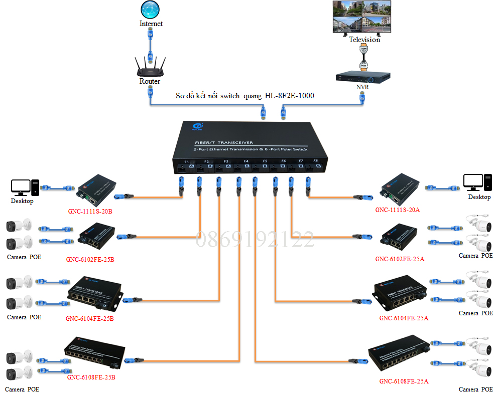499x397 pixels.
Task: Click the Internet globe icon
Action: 151,10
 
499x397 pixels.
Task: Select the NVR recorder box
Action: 362,77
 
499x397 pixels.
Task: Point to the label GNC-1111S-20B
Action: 90,211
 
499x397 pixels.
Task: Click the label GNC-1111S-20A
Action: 397,210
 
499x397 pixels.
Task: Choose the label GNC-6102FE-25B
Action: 90,260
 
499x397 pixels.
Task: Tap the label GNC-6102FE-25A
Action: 400,259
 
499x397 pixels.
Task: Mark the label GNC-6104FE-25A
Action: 404,318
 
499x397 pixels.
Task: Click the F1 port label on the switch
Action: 186,161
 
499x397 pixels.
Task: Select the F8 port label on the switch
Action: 316,161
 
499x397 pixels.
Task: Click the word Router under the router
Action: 150,81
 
